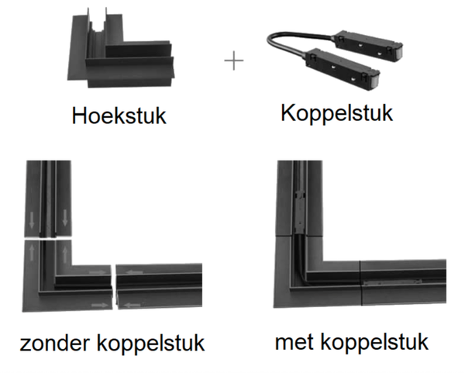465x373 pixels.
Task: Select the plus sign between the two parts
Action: pos(233,62)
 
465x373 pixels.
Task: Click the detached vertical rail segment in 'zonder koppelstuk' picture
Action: pos(48,198)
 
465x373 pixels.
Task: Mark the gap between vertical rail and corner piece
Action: pos(48,240)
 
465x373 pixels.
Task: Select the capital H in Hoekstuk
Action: pos(77,117)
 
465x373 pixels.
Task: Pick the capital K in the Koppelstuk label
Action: pos(288,112)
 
